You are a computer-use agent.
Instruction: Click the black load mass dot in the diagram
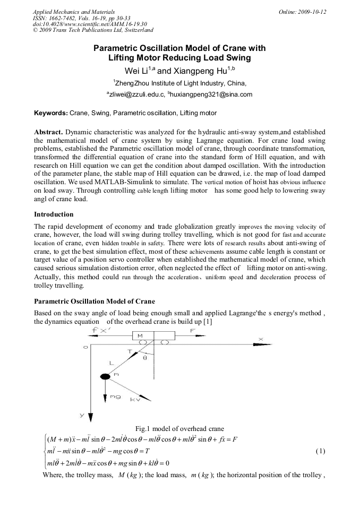[105, 376]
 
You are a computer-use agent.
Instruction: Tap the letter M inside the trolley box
[140, 336]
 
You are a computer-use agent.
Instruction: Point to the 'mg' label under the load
[115, 396]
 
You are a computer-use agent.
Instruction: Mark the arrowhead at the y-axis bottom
[91, 416]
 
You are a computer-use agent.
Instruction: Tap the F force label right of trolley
[193, 330]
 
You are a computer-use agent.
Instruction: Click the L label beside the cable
[111, 363]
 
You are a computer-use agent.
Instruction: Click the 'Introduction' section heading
[54, 214]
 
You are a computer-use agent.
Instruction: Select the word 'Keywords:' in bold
[51, 113]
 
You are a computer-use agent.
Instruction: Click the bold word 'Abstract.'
[49, 131]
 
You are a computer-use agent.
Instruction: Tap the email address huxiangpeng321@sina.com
[202, 94]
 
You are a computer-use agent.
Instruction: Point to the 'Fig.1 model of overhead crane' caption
[179, 428]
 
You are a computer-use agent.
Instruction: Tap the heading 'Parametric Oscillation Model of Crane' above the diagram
[95, 301]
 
